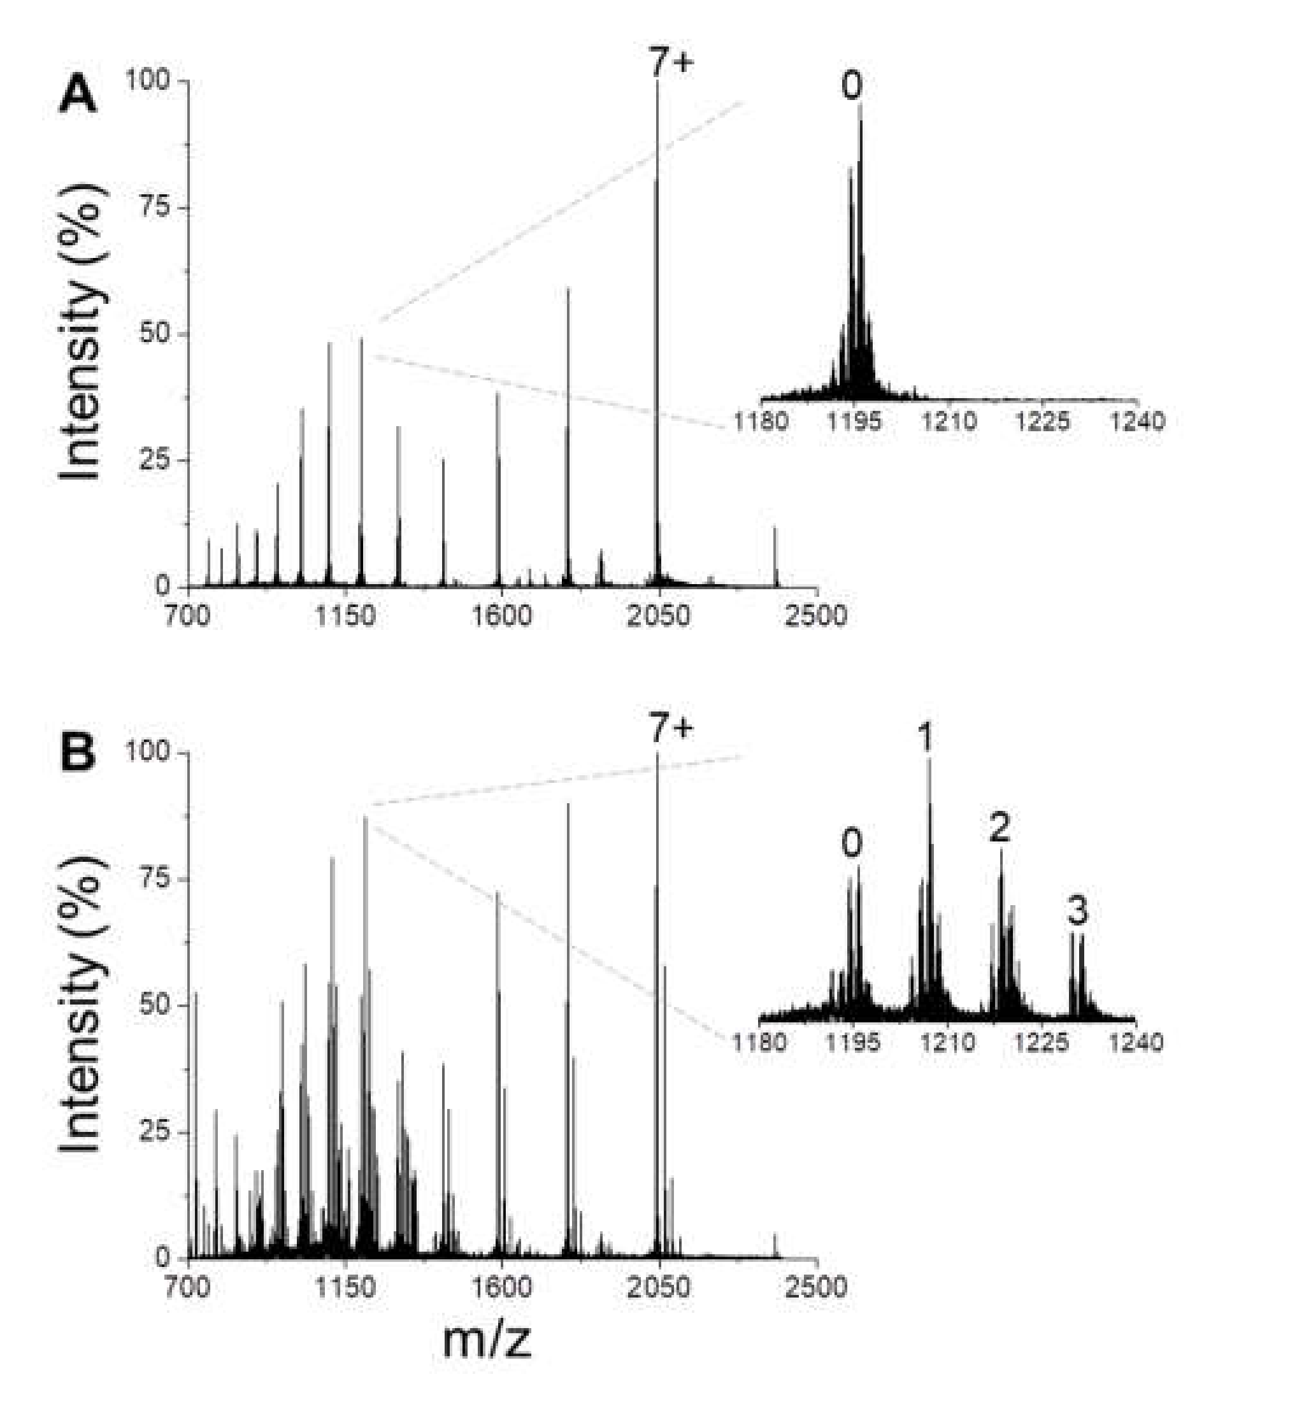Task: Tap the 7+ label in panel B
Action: click(x=670, y=729)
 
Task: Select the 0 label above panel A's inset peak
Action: click(x=851, y=86)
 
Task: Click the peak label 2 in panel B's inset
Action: click(x=999, y=827)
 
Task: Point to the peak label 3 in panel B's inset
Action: click(x=1077, y=911)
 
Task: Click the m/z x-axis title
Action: click(x=487, y=1340)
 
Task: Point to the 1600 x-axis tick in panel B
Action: click(x=501, y=1286)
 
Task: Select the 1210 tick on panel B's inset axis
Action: click(x=947, y=1042)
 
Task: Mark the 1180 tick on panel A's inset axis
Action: click(x=761, y=422)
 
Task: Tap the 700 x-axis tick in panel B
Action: click(x=187, y=1286)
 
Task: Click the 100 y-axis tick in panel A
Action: click(x=148, y=81)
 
